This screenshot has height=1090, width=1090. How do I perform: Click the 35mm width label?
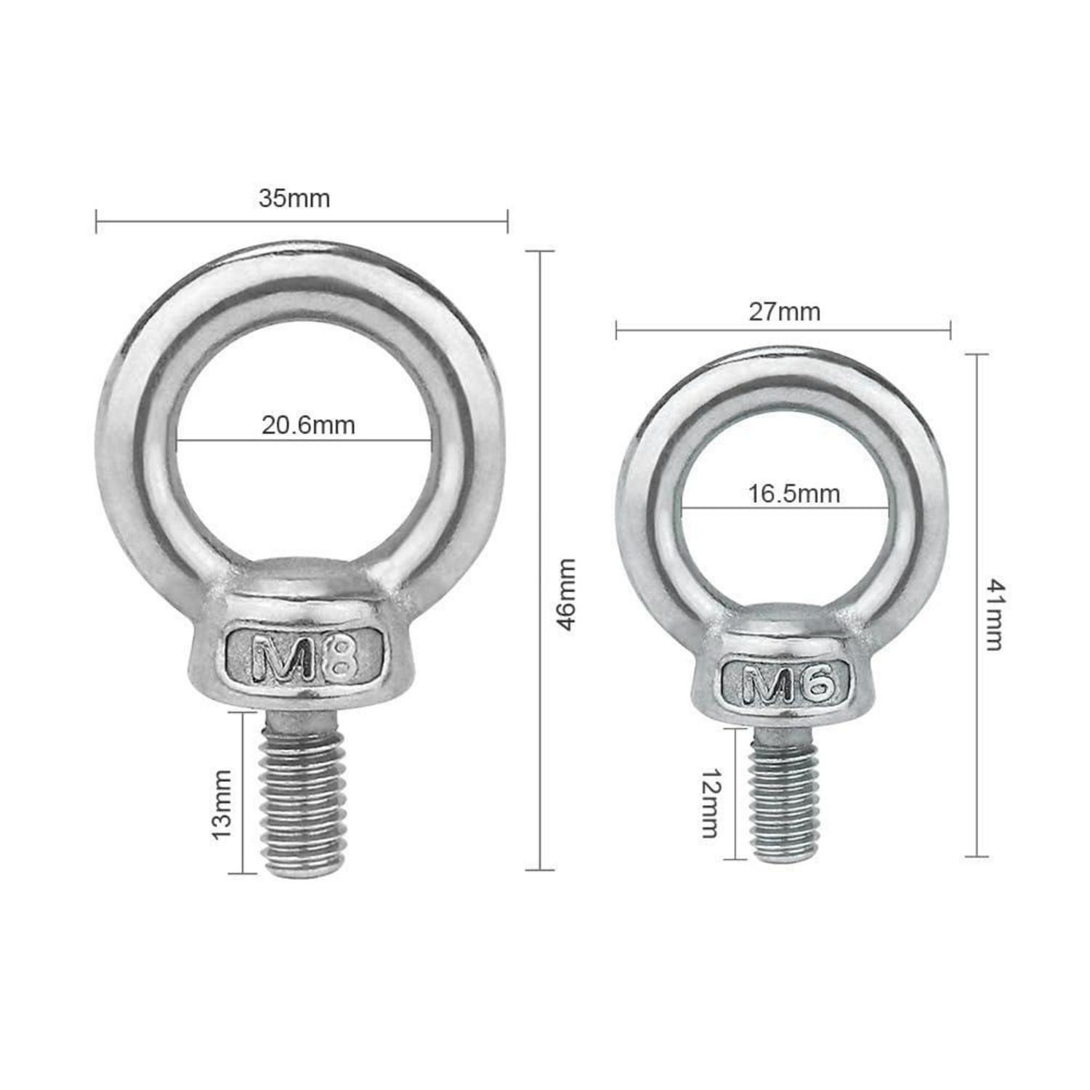point(294,198)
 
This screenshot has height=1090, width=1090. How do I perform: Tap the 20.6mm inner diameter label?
point(308,425)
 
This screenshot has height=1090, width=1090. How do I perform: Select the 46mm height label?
point(566,594)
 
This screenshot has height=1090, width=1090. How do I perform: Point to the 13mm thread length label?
point(222,805)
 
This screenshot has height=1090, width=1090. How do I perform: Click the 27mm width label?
point(784,312)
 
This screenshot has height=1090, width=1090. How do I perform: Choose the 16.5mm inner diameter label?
point(794,494)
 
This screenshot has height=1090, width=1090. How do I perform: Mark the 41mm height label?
point(995,615)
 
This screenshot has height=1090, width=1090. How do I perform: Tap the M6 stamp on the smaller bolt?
point(787,684)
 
